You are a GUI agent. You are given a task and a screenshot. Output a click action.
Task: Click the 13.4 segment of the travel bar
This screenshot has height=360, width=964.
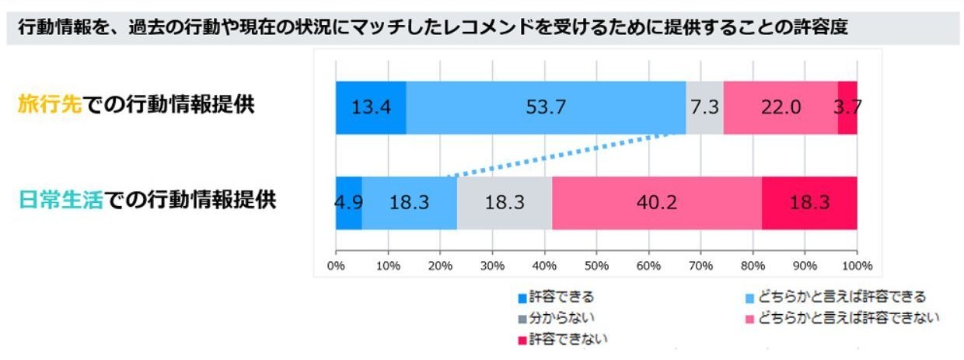(x=371, y=107)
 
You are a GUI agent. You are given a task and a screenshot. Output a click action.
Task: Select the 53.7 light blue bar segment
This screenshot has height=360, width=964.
(x=546, y=107)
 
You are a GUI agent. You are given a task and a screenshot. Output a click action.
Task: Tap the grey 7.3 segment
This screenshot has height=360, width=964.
(x=704, y=107)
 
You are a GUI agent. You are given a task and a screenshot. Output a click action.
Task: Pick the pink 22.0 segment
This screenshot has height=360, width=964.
(x=781, y=107)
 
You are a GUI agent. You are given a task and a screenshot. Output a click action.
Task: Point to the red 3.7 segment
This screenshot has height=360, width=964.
(x=847, y=107)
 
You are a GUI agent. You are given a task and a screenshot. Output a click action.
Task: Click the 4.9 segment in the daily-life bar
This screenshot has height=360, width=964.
(x=348, y=203)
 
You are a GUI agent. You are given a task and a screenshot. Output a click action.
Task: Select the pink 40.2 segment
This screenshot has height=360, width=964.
(x=657, y=203)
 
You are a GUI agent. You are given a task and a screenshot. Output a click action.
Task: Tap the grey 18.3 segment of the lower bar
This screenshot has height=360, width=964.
(x=505, y=203)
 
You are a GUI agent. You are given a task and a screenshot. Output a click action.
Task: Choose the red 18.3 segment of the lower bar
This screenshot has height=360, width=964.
(x=809, y=203)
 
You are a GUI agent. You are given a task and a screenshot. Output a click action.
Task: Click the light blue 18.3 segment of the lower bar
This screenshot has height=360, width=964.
(x=409, y=203)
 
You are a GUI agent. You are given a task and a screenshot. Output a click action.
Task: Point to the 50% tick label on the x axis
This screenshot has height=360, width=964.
(x=596, y=264)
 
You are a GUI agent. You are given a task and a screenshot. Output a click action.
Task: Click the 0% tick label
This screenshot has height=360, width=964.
(x=336, y=264)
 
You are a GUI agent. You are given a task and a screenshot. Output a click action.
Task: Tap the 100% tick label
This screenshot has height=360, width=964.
(x=856, y=264)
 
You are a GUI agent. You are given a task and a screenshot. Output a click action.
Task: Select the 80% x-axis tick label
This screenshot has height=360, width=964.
(x=753, y=264)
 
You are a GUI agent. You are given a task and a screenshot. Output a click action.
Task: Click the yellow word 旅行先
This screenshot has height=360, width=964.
(x=49, y=106)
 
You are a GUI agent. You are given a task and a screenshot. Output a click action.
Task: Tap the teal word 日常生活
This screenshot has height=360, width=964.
(x=61, y=200)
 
